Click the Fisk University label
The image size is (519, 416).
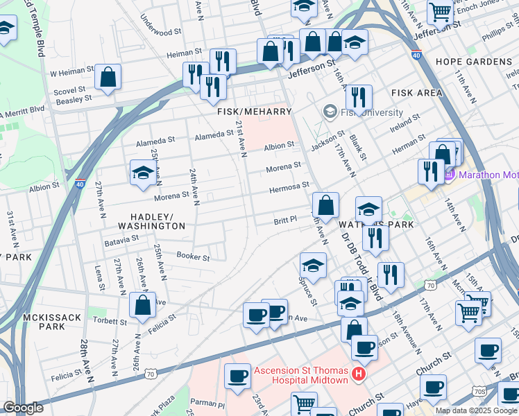371,112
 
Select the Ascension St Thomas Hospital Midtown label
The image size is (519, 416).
302,370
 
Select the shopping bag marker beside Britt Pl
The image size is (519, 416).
325,206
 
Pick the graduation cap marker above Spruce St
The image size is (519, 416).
313,266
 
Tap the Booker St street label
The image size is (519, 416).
193,257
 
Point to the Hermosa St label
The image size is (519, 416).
289,187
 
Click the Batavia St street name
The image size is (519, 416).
121,239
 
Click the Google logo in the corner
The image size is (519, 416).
23,408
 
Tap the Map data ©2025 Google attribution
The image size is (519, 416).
476,410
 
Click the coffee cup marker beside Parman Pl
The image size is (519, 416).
237,378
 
